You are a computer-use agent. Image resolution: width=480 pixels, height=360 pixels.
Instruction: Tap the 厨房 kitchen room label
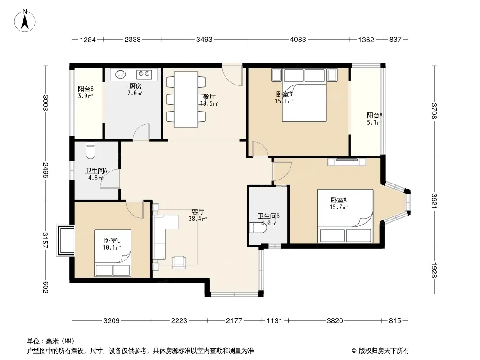tap(135, 86)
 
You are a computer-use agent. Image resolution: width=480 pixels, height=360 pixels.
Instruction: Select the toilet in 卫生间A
tap(91, 150)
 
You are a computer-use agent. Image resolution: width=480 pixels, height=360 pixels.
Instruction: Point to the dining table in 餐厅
tap(186, 99)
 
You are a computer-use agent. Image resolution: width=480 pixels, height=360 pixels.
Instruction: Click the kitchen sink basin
tap(120, 74)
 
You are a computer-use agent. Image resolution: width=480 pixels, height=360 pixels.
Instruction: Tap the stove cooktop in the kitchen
tap(144, 73)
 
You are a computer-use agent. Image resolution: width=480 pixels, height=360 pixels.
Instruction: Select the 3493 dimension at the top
tap(204, 40)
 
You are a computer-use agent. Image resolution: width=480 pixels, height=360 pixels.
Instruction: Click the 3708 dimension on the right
tap(434, 111)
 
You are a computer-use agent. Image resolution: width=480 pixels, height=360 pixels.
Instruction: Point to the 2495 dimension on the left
tap(45, 171)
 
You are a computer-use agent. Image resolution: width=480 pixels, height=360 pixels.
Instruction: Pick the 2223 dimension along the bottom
tap(179, 320)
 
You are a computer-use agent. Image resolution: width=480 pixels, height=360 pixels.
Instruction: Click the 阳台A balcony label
tap(375, 115)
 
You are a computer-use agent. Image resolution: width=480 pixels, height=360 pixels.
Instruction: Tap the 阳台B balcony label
tap(86, 89)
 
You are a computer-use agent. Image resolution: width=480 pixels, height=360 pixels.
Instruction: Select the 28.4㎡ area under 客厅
tap(198, 219)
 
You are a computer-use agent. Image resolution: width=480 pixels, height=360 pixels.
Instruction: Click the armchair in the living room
tap(179, 262)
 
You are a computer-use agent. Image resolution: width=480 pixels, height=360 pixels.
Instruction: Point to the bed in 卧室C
tap(113, 253)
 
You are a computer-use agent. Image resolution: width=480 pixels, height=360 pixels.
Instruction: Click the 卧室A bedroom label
tap(339, 200)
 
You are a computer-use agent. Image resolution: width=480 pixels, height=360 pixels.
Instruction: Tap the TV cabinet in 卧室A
tap(347, 162)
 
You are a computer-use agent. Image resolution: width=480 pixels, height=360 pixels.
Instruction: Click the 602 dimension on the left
tap(45, 287)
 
